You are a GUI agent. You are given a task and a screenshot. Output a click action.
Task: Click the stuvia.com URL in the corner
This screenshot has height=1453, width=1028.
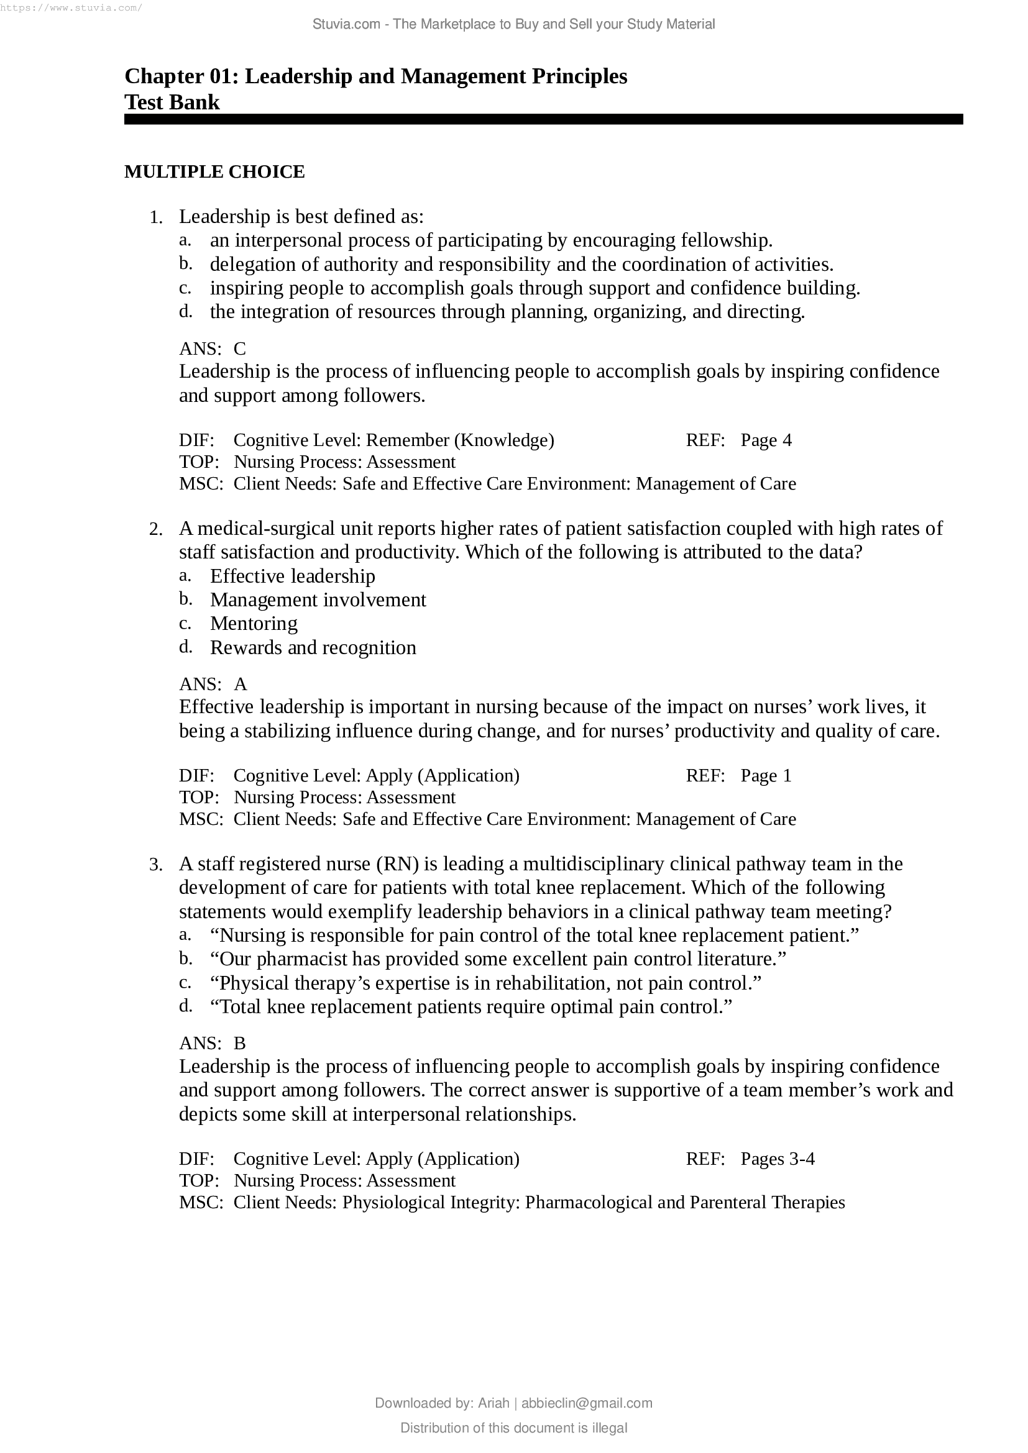71,7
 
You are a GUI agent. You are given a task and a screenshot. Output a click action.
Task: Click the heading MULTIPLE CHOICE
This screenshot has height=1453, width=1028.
214,172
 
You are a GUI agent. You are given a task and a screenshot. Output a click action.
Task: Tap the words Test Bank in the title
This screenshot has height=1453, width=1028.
172,102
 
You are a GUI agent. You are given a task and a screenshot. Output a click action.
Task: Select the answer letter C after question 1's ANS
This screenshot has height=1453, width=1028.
239,348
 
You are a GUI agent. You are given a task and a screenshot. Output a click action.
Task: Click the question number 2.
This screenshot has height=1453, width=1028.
156,529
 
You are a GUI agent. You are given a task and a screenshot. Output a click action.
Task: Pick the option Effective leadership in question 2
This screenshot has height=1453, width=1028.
293,576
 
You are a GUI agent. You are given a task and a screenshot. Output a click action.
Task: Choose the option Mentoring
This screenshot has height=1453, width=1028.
253,623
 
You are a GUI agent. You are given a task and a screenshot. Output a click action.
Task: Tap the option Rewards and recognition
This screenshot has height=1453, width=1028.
313,647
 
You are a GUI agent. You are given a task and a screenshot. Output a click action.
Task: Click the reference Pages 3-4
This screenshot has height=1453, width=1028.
777,1159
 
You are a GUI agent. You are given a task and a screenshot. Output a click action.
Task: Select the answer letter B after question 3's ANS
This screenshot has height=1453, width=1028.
239,1044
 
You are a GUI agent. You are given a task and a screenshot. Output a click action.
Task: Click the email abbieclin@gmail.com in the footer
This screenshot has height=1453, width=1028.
586,1403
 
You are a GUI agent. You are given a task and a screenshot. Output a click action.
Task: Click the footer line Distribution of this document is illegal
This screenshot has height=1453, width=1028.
513,1428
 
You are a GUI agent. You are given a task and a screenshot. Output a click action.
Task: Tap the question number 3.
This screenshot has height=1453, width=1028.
156,865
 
